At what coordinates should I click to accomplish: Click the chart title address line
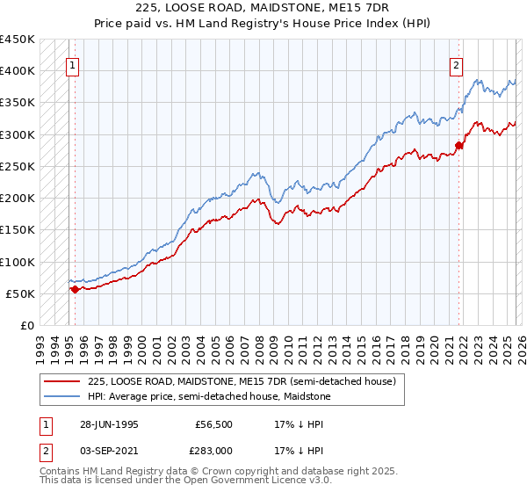263,8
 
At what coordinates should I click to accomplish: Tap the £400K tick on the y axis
18,71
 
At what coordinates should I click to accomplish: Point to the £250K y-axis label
18,167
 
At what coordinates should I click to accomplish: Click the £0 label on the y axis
27,326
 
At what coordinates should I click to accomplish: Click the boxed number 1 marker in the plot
71,64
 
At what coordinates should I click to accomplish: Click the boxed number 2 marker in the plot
457,64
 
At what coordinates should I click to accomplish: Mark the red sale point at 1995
75,289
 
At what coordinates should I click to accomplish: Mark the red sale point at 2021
458,145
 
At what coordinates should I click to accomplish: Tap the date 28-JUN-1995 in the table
106,424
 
